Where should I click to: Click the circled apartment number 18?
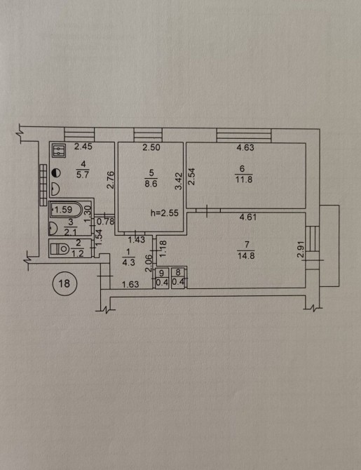tap(64, 283)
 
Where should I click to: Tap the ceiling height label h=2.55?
tap(165, 213)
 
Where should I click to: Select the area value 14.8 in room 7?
tap(246, 256)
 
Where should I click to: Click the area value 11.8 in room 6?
tap(244, 180)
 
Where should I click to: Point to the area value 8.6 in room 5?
tap(151, 184)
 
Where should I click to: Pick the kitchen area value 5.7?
tap(83, 175)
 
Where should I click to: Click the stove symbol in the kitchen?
tap(59, 151)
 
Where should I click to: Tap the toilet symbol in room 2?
tap(59, 248)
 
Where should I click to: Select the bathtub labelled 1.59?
tap(67, 210)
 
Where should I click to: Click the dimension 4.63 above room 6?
tap(245, 147)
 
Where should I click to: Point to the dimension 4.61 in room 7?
tap(248, 217)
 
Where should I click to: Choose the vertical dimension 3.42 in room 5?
tap(179, 181)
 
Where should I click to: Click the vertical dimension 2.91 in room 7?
tap(301, 250)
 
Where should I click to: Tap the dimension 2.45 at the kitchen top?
tap(83, 147)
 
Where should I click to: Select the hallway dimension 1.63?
tap(131, 284)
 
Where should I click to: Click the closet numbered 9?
tap(162, 278)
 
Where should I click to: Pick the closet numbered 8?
tap(179, 278)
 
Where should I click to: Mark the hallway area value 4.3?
tap(129, 262)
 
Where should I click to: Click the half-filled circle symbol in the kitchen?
tap(56, 173)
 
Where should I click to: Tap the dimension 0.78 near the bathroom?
tap(106, 222)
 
